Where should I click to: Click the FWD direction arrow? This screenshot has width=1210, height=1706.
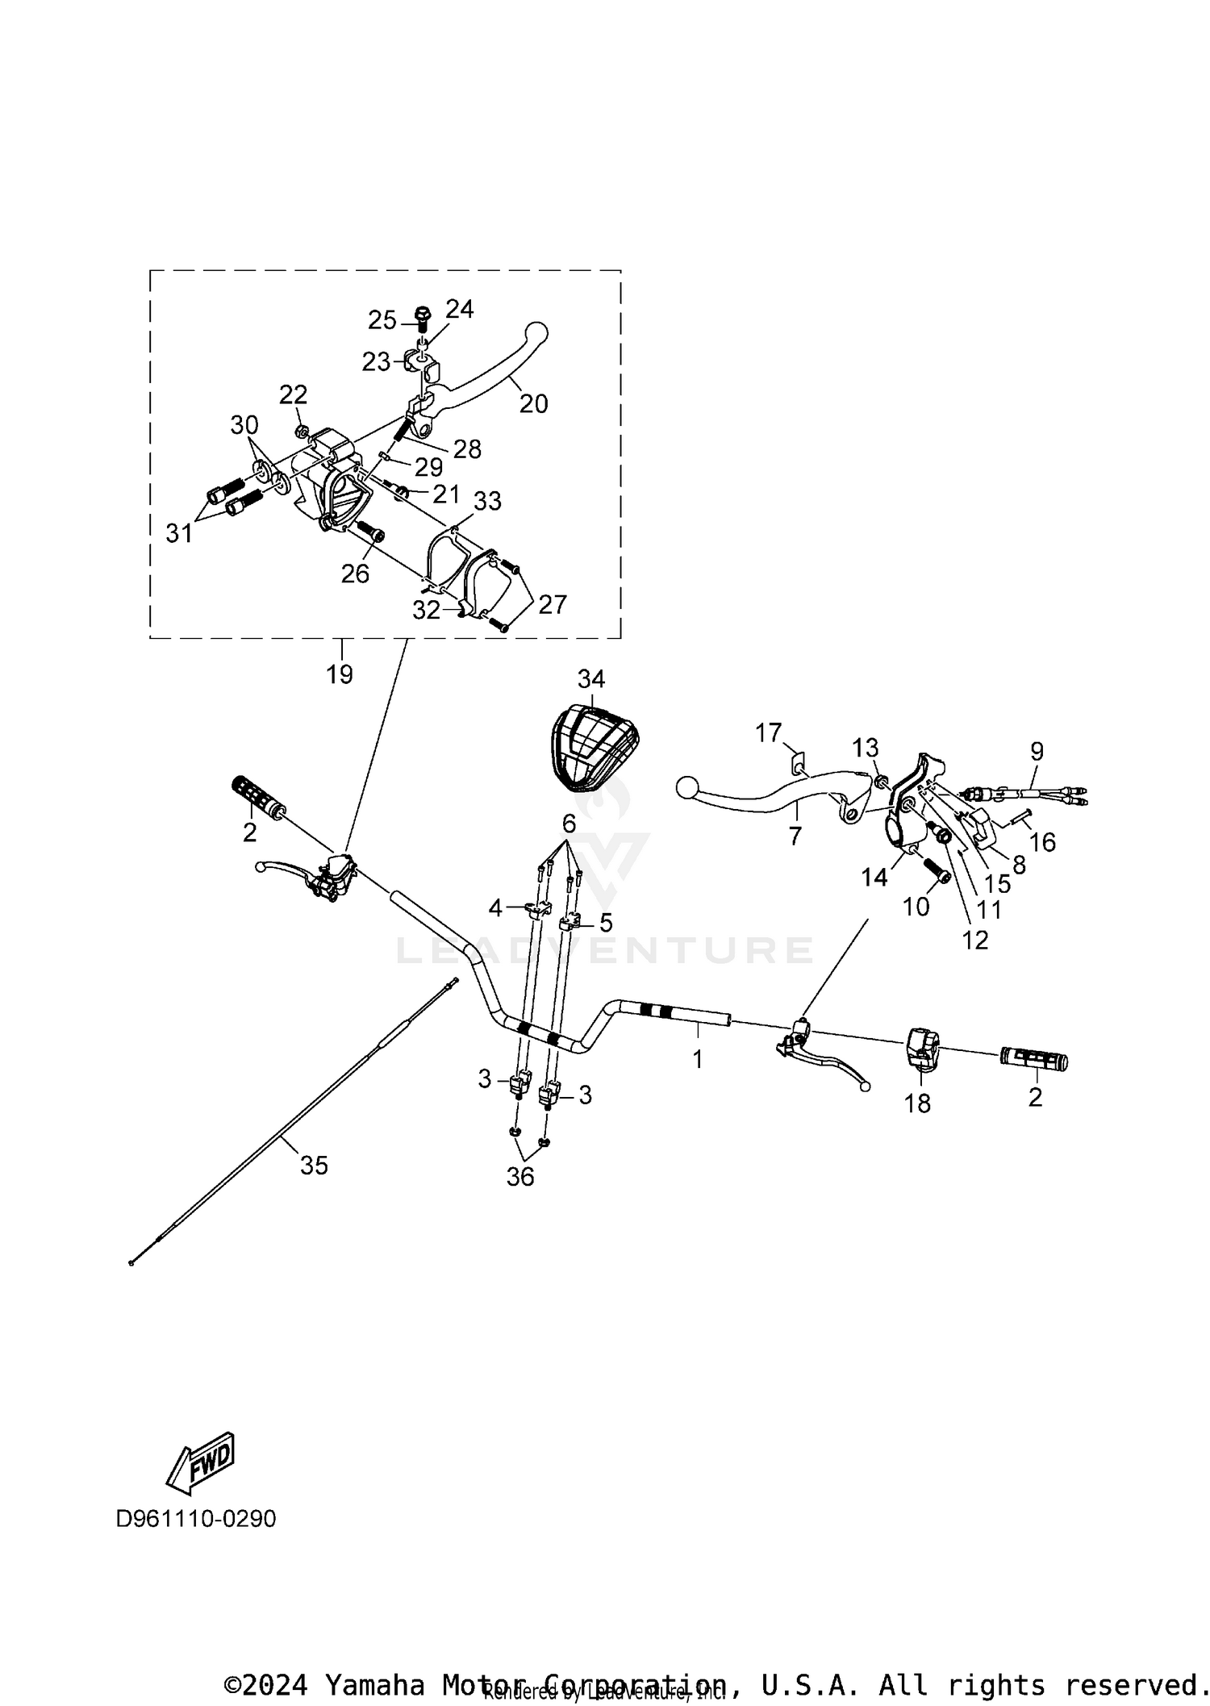[x=200, y=1461]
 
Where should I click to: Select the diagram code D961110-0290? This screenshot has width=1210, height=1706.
[x=196, y=1519]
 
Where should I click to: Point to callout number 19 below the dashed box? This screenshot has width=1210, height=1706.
[x=340, y=674]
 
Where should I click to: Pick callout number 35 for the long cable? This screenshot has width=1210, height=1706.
[x=314, y=1165]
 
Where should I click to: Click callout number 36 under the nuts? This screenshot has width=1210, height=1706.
[x=520, y=1177]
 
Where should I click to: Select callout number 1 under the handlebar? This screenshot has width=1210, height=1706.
[x=698, y=1058]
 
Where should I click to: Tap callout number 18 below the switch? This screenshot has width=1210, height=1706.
[x=917, y=1103]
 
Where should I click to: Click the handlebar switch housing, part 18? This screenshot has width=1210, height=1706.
[x=921, y=1048]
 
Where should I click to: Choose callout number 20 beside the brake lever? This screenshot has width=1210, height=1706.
[x=533, y=403]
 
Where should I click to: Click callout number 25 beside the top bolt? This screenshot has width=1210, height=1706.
[x=382, y=320]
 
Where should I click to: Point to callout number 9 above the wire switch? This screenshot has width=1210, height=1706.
[x=1037, y=751]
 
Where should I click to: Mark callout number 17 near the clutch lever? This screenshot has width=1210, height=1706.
[x=769, y=732]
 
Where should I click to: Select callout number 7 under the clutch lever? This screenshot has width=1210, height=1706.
[x=795, y=836]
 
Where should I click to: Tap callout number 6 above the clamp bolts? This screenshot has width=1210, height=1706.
[x=569, y=824]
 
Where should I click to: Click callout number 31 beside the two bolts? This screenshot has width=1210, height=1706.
[x=179, y=532]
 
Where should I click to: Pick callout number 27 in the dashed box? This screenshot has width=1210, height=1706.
[x=553, y=604]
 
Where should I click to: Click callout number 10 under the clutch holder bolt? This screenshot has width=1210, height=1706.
[x=916, y=907]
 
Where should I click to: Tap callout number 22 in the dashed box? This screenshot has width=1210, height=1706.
[x=294, y=394]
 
